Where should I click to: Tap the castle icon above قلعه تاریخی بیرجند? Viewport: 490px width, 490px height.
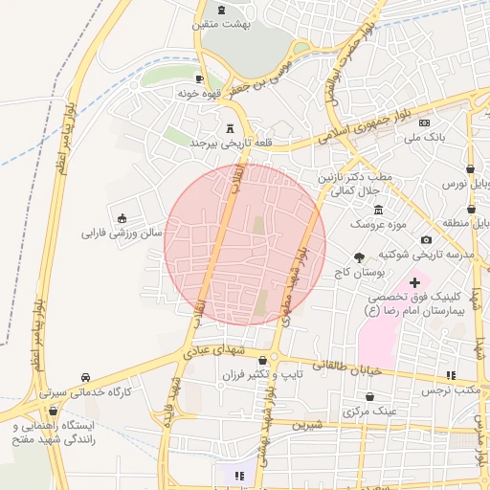[x=229, y=128]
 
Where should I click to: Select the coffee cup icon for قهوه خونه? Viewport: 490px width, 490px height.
[x=199, y=79]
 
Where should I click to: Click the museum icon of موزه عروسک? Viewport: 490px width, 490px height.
[x=379, y=210]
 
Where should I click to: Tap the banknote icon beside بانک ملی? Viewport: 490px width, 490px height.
[x=424, y=123]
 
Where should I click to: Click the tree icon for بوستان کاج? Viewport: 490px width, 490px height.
[x=359, y=257]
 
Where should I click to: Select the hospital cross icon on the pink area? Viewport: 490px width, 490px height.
[x=414, y=282]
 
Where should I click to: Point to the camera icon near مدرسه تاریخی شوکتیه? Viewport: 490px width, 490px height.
[x=426, y=239]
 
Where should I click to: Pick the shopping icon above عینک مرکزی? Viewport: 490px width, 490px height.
[x=370, y=395]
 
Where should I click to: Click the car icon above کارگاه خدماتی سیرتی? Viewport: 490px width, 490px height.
[x=87, y=376]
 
